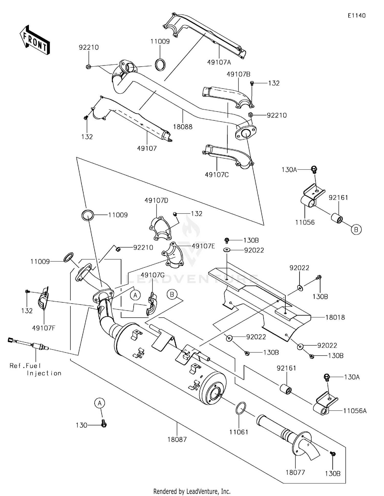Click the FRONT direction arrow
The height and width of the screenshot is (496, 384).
tap(35, 40)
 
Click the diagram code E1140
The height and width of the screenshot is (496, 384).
tap(357, 16)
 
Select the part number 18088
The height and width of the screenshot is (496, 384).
tap(183, 127)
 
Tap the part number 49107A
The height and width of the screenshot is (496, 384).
tap(219, 62)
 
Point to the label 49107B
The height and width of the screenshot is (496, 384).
tap(239, 74)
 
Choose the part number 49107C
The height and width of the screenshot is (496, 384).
tap(217, 175)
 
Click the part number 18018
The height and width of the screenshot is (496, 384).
tap(335, 317)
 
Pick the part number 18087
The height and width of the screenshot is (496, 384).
tap(177, 440)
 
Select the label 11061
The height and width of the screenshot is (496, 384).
tap(239, 432)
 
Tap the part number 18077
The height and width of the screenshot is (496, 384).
tap(295, 472)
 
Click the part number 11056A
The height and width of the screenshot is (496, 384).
tap(355, 411)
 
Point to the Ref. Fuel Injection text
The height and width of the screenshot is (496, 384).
tap(36, 370)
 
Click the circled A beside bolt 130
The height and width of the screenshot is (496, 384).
tap(100, 403)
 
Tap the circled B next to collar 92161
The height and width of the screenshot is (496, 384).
tap(356, 230)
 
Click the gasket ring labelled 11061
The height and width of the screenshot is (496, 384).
tap(240, 408)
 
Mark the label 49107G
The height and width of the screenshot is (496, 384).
tap(153, 275)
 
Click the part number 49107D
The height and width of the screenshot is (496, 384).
tap(156, 200)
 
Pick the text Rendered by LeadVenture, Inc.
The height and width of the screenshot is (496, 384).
tap(192, 491)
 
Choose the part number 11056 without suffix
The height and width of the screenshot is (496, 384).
tap(305, 222)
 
